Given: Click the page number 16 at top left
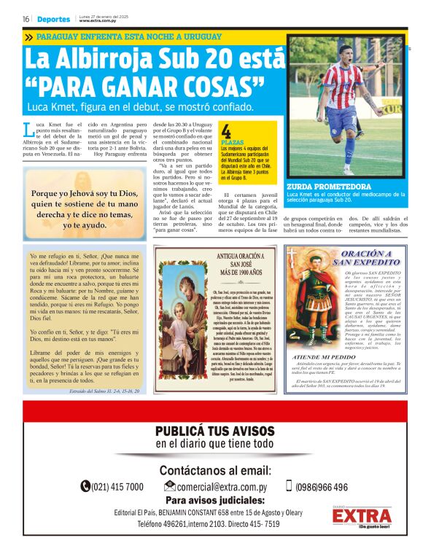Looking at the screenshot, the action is pos(26,19).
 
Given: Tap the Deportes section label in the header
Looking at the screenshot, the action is pos(54,19).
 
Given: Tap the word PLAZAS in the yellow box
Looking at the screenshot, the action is pos(232,143).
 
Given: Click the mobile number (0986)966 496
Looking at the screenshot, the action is pos(321,487).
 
